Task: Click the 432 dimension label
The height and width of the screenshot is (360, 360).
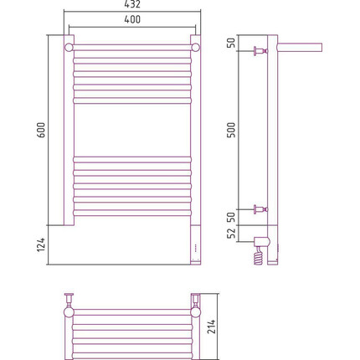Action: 132,4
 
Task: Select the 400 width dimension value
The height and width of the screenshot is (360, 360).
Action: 132,19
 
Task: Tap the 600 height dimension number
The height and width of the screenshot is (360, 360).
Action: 41,130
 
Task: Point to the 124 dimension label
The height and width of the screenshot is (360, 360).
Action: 41,244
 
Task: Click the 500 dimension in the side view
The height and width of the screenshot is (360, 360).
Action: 231,130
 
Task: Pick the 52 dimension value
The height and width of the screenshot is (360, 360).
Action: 231,234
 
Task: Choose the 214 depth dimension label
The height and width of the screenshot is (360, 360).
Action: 212,327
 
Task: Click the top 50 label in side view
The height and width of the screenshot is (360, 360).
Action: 231,43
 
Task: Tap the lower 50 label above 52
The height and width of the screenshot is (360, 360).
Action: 231,218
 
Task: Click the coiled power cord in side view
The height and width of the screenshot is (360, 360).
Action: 259,256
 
